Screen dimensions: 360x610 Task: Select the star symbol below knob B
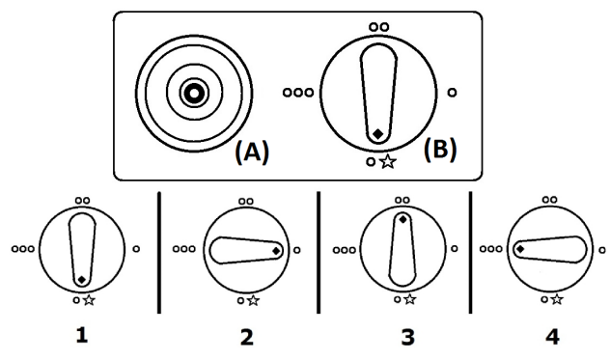[x=387, y=161]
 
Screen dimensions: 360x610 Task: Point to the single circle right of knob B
[x=452, y=93]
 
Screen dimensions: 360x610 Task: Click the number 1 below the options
[x=83, y=337]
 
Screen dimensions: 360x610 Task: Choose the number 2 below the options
[x=247, y=337]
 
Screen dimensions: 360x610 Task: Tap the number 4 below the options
[x=551, y=337]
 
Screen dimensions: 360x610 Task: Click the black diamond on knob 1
[x=82, y=280]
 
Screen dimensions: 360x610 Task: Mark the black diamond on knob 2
[x=276, y=251]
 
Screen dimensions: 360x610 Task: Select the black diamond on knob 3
[x=402, y=220]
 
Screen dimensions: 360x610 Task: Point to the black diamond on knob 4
[x=519, y=249]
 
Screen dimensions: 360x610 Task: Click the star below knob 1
[x=89, y=300]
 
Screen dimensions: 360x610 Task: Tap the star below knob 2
[x=254, y=300]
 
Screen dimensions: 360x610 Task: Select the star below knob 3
[x=409, y=300]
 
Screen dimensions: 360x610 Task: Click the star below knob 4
[x=558, y=300]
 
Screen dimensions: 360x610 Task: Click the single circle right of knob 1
[x=136, y=249]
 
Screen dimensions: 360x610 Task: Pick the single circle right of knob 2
[x=300, y=249]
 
